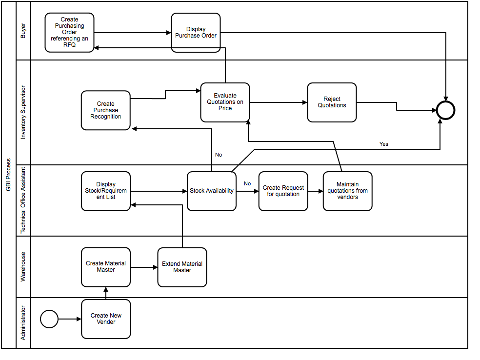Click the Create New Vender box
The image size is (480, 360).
click(106, 319)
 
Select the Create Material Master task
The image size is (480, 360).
click(106, 267)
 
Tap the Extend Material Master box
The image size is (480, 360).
click(182, 267)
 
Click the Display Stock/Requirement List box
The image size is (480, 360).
click(106, 191)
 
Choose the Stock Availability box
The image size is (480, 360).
click(212, 191)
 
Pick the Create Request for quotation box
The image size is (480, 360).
click(283, 191)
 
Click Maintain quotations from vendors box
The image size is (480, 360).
click(347, 191)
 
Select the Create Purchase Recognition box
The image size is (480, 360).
click(106, 110)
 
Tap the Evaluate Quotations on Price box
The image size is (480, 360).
click(225, 102)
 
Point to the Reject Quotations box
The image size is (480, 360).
click(332, 102)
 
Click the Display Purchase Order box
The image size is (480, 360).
click(196, 33)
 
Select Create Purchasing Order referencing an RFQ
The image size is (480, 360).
click(69, 33)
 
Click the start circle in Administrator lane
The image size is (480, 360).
click(49, 320)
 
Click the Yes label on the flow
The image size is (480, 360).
click(384, 144)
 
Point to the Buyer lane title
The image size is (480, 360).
click(23, 31)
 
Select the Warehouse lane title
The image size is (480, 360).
click(23, 267)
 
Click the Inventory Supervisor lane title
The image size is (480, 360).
click(23, 113)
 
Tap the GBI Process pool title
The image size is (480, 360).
click(8, 175)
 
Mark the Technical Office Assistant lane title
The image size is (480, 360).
click(23, 200)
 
